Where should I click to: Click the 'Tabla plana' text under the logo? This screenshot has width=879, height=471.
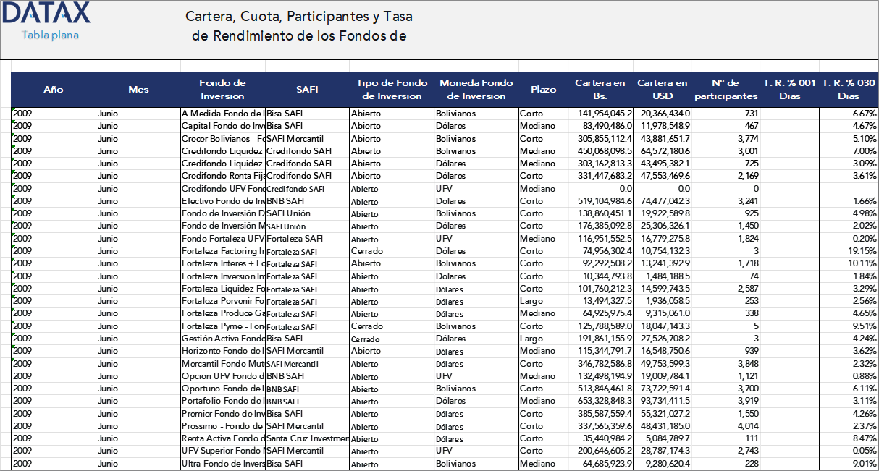50,35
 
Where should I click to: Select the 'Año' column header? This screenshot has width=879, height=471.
53,90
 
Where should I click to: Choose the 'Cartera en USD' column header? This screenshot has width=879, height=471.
662,90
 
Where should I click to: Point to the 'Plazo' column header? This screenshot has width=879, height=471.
543,90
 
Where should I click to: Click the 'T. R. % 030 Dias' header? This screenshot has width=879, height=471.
849,90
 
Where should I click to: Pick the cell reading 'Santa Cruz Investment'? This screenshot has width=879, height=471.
307,439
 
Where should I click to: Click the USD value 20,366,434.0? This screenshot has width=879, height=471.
665,114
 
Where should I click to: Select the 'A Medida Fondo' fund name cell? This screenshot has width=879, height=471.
222,114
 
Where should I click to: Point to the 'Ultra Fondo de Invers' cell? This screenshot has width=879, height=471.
223,464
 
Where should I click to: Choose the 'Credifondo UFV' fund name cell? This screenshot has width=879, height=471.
222,189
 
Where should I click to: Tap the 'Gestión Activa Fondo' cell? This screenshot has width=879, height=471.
222,339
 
